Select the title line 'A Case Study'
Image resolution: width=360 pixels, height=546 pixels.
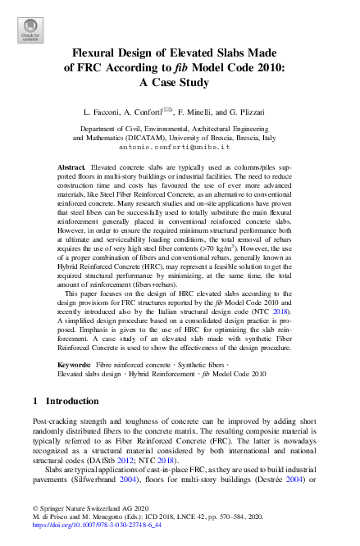[179, 82]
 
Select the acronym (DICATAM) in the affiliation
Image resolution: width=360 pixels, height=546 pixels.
[153, 138]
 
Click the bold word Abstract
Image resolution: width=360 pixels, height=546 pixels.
[75, 167]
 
